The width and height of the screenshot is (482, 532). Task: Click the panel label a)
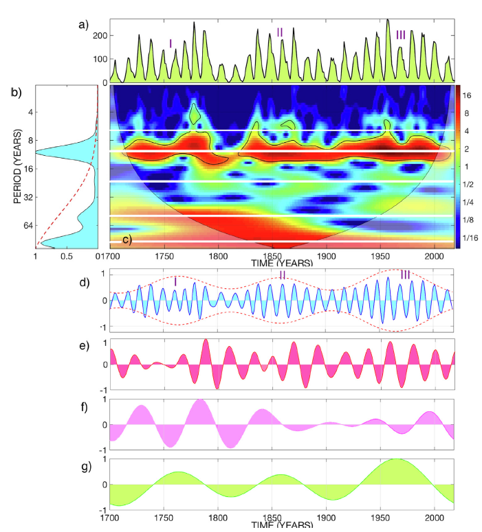84,25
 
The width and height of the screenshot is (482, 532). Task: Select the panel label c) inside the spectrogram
127,240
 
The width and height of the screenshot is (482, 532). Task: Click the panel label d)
84,281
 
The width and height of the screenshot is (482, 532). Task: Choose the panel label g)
84,469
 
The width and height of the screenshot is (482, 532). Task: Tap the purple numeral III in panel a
401,35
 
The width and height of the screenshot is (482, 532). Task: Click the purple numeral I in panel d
175,280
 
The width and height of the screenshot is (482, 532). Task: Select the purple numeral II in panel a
279,32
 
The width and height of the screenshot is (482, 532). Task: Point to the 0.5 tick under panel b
66,257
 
